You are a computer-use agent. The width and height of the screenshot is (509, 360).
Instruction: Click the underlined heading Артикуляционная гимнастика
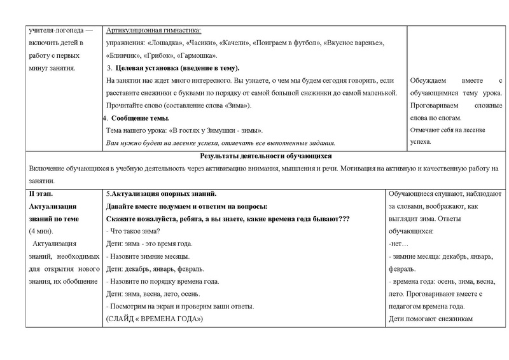click(x=153, y=31)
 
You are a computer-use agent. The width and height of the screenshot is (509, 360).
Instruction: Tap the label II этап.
click(x=43, y=193)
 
